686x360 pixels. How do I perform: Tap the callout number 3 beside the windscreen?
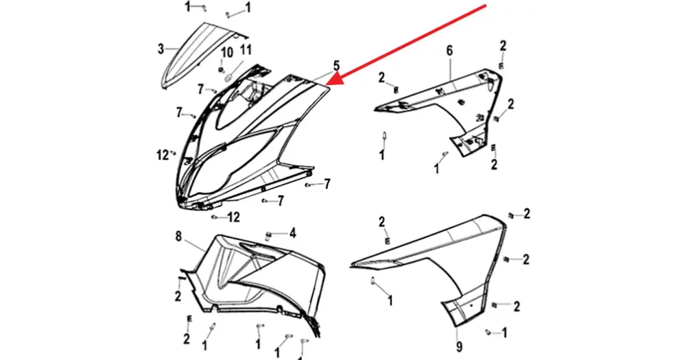tap(161, 49)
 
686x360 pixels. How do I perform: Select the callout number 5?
tap(336, 66)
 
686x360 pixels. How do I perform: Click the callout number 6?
tap(450, 51)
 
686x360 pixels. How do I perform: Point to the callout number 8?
tap(178, 237)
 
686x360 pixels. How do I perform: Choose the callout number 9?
tap(459, 346)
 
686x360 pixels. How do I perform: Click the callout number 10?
tap(226, 53)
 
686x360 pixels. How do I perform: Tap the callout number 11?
tap(246, 50)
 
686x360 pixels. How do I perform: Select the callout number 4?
tap(292, 233)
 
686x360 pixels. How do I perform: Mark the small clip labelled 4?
tap(269, 237)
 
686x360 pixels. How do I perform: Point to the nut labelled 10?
tap(222, 69)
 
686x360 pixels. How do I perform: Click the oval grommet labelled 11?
tap(228, 78)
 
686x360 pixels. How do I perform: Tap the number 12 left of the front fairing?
tap(163, 155)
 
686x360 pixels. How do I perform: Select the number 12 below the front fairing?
tap(234, 217)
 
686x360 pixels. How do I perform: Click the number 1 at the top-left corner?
tap(188, 7)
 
